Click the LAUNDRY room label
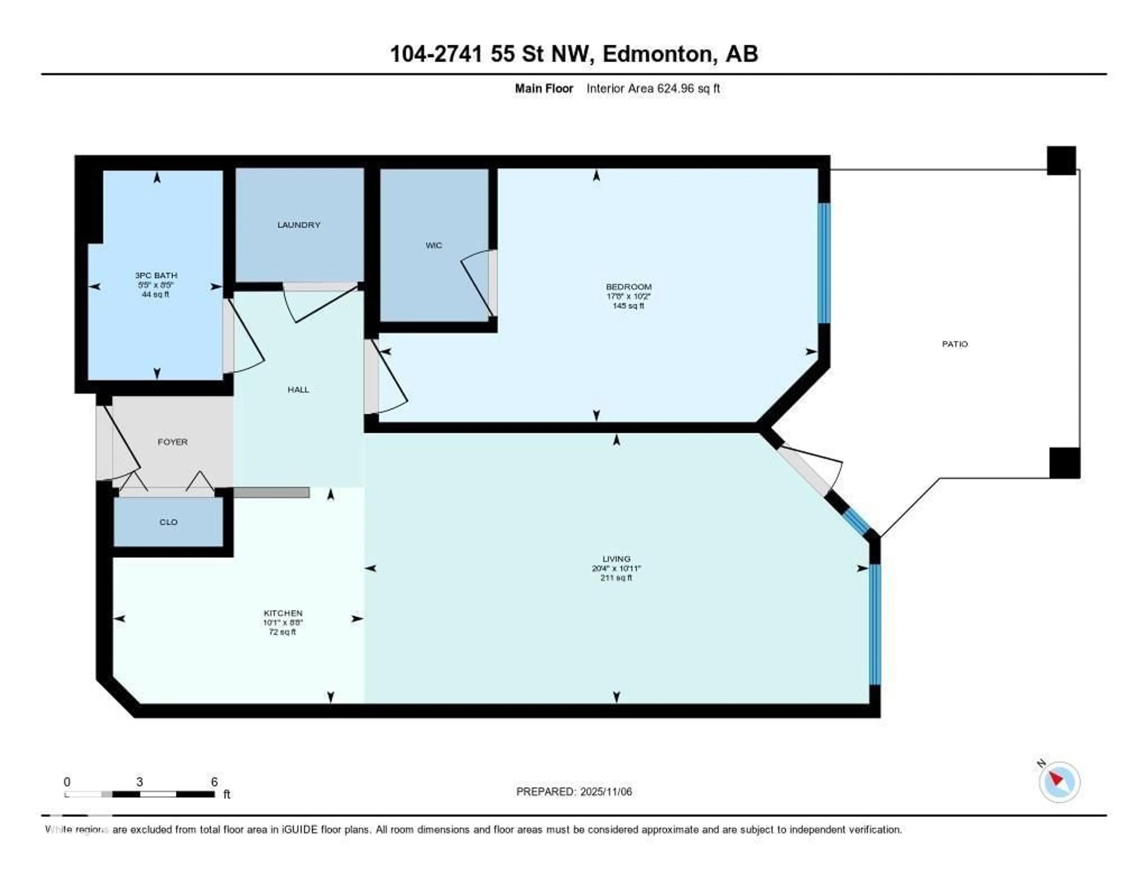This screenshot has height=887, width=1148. (x=299, y=225)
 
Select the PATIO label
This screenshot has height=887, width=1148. (x=955, y=344)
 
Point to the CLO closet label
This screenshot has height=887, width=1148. (x=168, y=522)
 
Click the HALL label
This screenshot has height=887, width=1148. (x=298, y=390)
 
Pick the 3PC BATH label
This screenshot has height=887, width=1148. (x=156, y=275)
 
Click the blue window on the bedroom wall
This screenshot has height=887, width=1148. (x=824, y=263)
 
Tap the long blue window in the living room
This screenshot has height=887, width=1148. (x=874, y=624)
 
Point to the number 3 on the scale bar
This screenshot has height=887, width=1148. (x=139, y=782)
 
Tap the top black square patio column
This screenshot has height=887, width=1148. (x=1061, y=160)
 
